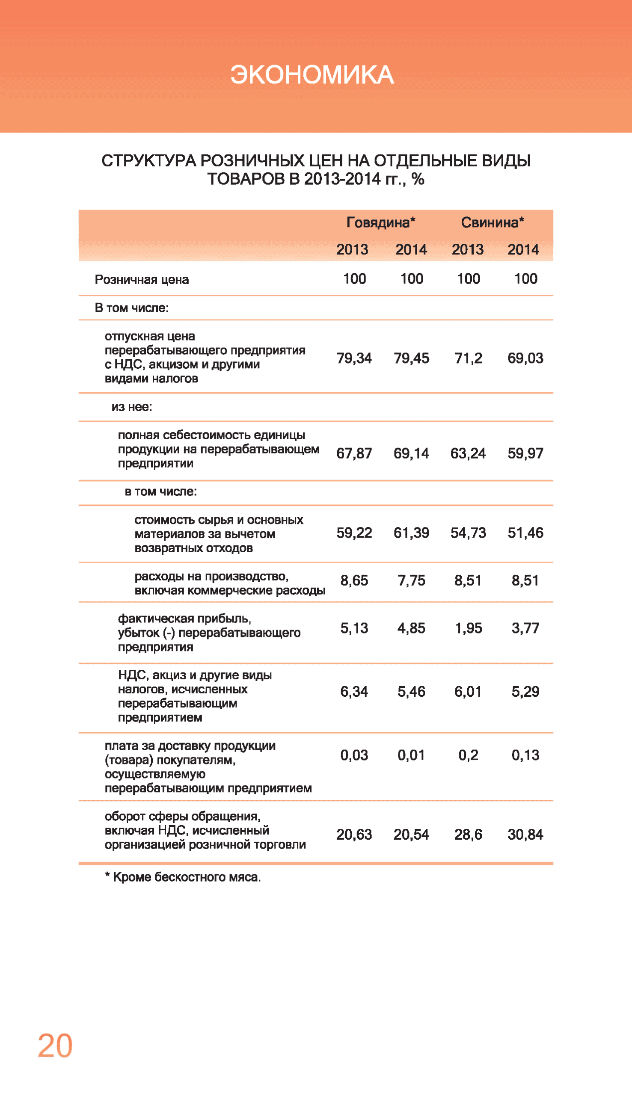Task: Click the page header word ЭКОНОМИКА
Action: pyautogui.click(x=312, y=74)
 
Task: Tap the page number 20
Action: pyautogui.click(x=55, y=1046)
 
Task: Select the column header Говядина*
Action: pyautogui.click(x=381, y=222)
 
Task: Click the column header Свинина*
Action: pyautogui.click(x=492, y=222)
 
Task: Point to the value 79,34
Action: pyautogui.click(x=354, y=358)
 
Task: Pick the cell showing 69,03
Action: pyautogui.click(x=525, y=358)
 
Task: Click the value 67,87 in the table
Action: pyautogui.click(x=354, y=454)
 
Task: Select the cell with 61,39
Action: pyautogui.click(x=411, y=533)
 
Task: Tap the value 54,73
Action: pyautogui.click(x=468, y=533)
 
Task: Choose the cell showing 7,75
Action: pyautogui.click(x=411, y=580)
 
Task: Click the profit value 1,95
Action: pyautogui.click(x=468, y=628)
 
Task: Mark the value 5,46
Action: pyautogui.click(x=411, y=691)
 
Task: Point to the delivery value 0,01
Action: pyautogui.click(x=411, y=755)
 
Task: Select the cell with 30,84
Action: pyautogui.click(x=525, y=835)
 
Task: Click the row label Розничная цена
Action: pyautogui.click(x=142, y=280)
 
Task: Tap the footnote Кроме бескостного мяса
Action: pyautogui.click(x=187, y=877)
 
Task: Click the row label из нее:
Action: pyautogui.click(x=131, y=407)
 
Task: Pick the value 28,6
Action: pyautogui.click(x=468, y=835)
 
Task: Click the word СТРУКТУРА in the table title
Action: pyautogui.click(x=148, y=161)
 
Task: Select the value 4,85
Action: pyautogui.click(x=411, y=628)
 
